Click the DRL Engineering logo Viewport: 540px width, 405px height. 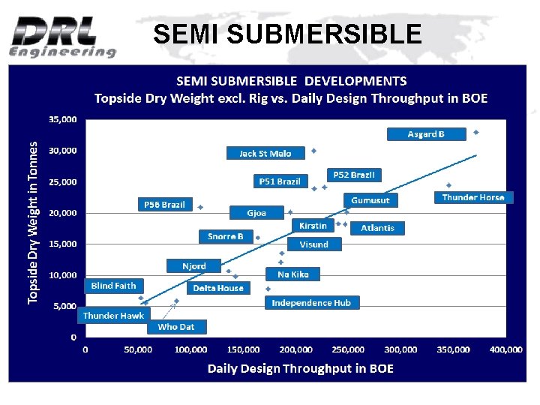(62, 36)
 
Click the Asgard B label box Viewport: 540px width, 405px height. (426, 134)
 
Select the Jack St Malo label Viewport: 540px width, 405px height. (265, 153)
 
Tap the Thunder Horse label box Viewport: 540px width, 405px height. (473, 197)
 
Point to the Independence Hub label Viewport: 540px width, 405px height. (312, 302)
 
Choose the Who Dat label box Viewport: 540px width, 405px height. (176, 326)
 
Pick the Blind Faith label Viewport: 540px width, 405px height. (114, 286)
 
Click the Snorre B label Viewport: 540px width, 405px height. (226, 236)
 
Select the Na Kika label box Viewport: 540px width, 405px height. (293, 274)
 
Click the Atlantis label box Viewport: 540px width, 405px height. (377, 227)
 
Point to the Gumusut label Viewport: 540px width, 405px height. (370, 200)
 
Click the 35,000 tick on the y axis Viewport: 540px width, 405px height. (62, 119)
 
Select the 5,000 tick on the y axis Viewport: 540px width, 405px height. (65, 306)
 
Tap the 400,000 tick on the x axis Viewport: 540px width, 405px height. (505, 349)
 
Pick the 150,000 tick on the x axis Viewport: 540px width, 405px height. (243, 349)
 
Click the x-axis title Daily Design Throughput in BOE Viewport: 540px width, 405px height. (300, 368)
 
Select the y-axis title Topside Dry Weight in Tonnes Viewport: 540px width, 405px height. (33, 223)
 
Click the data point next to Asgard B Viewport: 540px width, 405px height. (475, 132)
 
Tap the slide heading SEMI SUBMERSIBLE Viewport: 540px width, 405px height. (287, 34)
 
